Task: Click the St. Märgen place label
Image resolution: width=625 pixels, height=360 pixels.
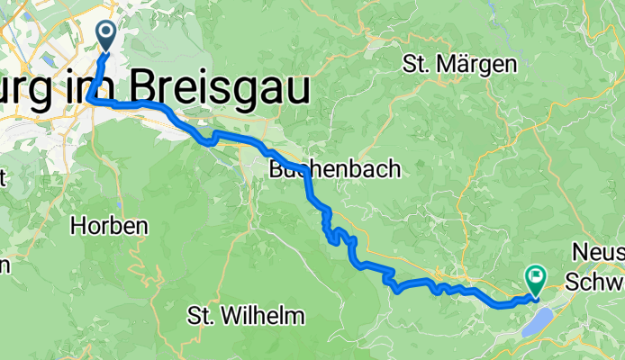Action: pyautogui.click(x=460, y=64)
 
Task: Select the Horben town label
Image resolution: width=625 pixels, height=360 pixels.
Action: pyautogui.click(x=108, y=226)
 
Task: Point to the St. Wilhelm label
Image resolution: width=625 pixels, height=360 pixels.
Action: pyautogui.click(x=246, y=316)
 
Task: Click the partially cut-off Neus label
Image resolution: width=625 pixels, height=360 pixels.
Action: pyautogui.click(x=598, y=255)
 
